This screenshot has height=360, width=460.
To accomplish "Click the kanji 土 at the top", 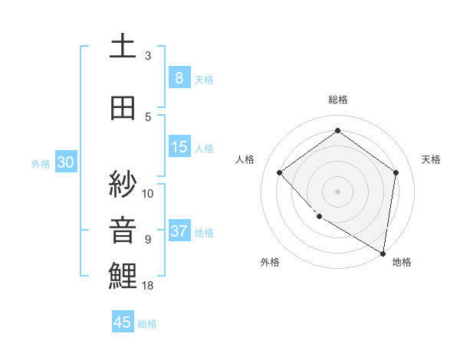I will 123,47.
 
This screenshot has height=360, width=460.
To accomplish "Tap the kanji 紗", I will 123,184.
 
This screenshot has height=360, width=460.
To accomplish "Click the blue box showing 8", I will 179,77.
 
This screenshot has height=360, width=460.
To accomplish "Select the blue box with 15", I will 179,148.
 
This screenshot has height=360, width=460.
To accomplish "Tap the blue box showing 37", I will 179,231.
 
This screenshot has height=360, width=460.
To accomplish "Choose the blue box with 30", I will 65,162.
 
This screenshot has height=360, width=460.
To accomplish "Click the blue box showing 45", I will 123,322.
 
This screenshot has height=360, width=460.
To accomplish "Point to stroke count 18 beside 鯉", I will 149,286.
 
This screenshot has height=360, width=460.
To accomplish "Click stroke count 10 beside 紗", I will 149,193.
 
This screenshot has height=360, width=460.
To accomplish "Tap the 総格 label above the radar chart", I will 338,100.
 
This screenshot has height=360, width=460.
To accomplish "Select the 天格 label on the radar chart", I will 431,159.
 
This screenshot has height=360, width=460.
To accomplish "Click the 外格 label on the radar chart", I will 270,262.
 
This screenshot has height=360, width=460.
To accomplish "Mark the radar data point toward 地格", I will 383,252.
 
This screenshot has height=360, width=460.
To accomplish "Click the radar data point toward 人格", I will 280,172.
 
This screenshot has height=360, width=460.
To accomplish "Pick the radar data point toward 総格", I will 337,131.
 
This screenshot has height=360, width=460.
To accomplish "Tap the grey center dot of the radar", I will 337,191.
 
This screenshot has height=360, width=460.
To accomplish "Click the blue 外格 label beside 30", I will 41,163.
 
